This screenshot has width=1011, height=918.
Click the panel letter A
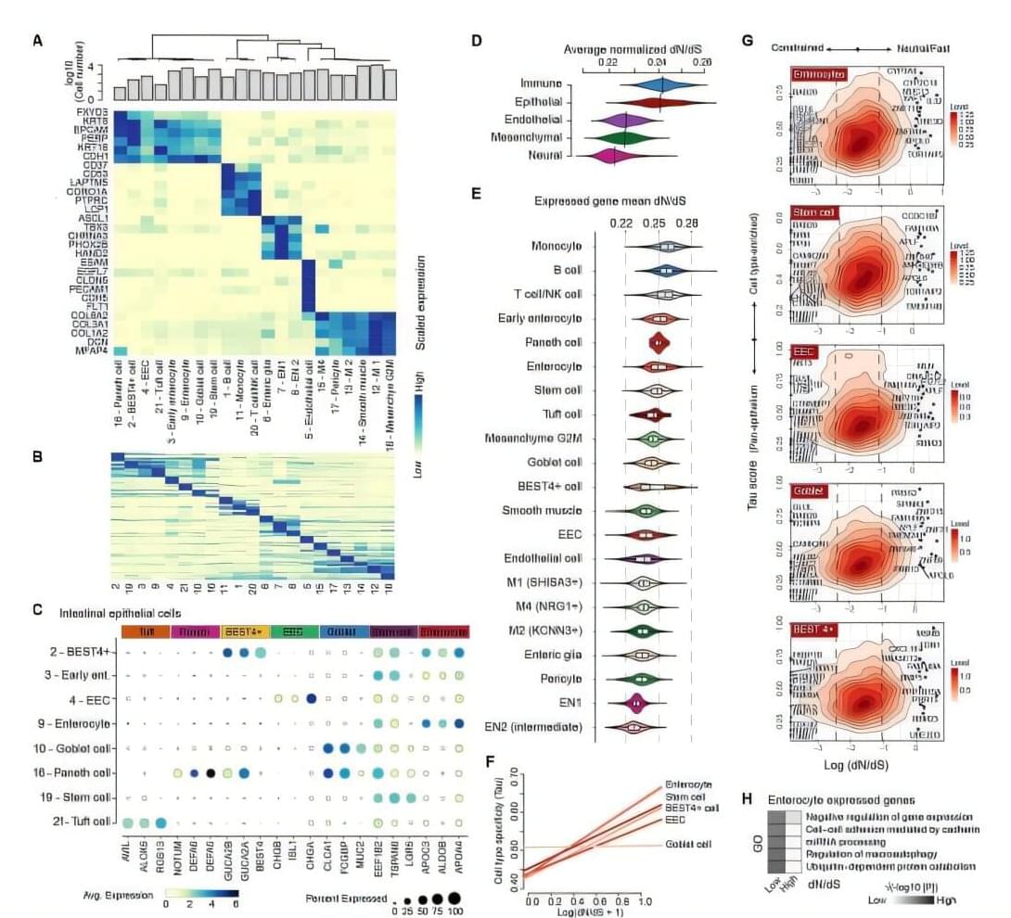point(37,40)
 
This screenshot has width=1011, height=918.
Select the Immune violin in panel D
point(660,84)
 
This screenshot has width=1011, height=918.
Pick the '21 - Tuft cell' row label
point(78,821)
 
